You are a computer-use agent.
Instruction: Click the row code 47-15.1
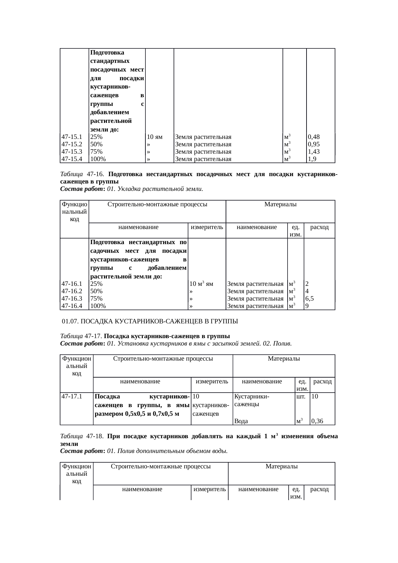point(72,137)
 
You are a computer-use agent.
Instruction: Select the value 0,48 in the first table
point(314,137)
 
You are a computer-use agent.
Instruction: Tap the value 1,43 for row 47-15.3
point(314,152)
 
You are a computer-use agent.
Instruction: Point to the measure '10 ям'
point(155,137)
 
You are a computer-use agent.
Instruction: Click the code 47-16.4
point(72,306)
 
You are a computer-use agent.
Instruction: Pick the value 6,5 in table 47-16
point(310,299)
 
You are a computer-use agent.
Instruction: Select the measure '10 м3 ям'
point(201,284)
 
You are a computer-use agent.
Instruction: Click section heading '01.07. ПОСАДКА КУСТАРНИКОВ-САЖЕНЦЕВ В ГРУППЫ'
point(150,321)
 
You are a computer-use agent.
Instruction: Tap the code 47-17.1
point(72,397)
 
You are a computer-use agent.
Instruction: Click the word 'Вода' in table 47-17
point(241,422)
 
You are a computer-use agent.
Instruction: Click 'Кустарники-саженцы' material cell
point(252,400)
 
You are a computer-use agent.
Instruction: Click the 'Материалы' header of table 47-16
point(280,204)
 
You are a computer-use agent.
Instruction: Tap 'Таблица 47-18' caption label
point(82,437)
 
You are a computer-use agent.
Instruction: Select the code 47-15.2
point(72,144)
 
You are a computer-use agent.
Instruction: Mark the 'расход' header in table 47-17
point(322,382)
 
